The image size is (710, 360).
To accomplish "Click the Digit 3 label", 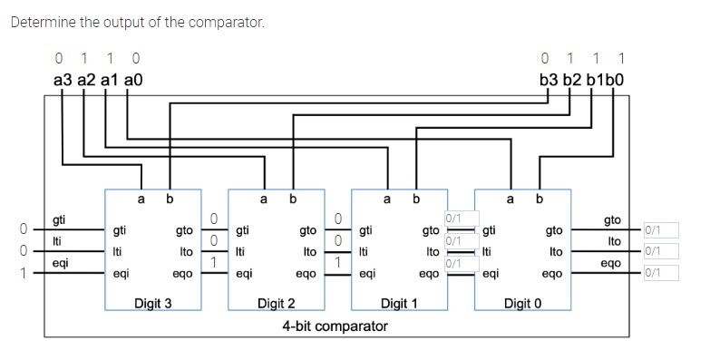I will coord(152,303).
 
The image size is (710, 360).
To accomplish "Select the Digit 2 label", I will coord(277,303).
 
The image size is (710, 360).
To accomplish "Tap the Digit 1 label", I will coord(399,303).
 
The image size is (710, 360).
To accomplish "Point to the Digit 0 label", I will coord(522,303).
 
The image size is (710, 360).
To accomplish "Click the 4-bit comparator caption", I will coord(335,326).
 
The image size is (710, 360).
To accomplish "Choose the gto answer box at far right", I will coord(660,230).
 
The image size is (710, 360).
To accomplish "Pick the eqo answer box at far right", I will coord(660,272).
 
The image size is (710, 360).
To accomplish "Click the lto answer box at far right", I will coord(660,251).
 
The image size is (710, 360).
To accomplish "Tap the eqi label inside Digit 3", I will coord(120,272).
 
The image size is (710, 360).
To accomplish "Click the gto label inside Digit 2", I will coord(307,231).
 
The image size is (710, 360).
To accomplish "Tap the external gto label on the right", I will coord(612,219).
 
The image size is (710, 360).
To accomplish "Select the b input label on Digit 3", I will coord(170,198).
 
